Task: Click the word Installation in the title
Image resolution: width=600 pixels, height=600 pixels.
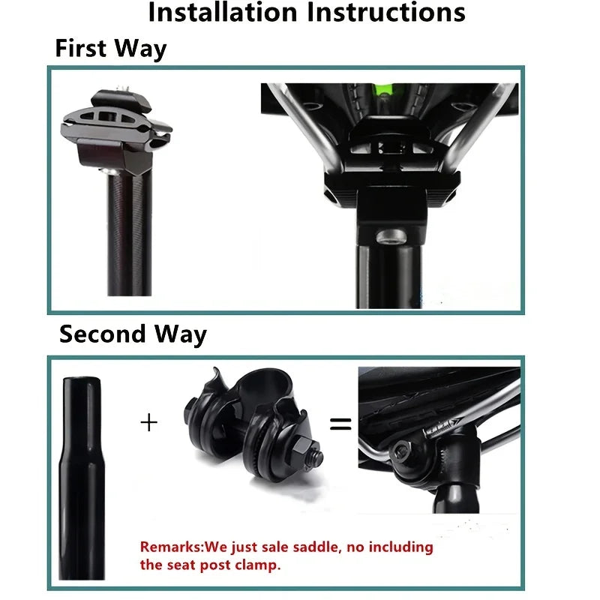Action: pyautogui.click(x=223, y=12)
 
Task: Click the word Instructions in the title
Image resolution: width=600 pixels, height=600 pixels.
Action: pyautogui.click(x=386, y=12)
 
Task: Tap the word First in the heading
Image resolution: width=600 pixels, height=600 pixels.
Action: pyautogui.click(x=81, y=48)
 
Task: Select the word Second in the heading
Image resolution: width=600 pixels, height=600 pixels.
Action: pyautogui.click(x=103, y=334)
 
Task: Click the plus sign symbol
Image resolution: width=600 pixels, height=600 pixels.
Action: pyautogui.click(x=148, y=422)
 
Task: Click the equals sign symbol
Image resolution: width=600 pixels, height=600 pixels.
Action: pyautogui.click(x=340, y=424)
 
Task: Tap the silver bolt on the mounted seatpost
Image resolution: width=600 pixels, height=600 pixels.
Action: pyautogui.click(x=391, y=236)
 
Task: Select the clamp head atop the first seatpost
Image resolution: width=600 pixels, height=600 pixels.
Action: pyautogui.click(x=116, y=130)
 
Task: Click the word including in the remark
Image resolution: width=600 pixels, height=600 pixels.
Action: pyautogui.click(x=400, y=547)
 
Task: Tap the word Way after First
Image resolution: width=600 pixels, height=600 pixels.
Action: pyautogui.click(x=140, y=49)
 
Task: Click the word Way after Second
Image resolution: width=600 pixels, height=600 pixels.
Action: pyautogui.click(x=180, y=334)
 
